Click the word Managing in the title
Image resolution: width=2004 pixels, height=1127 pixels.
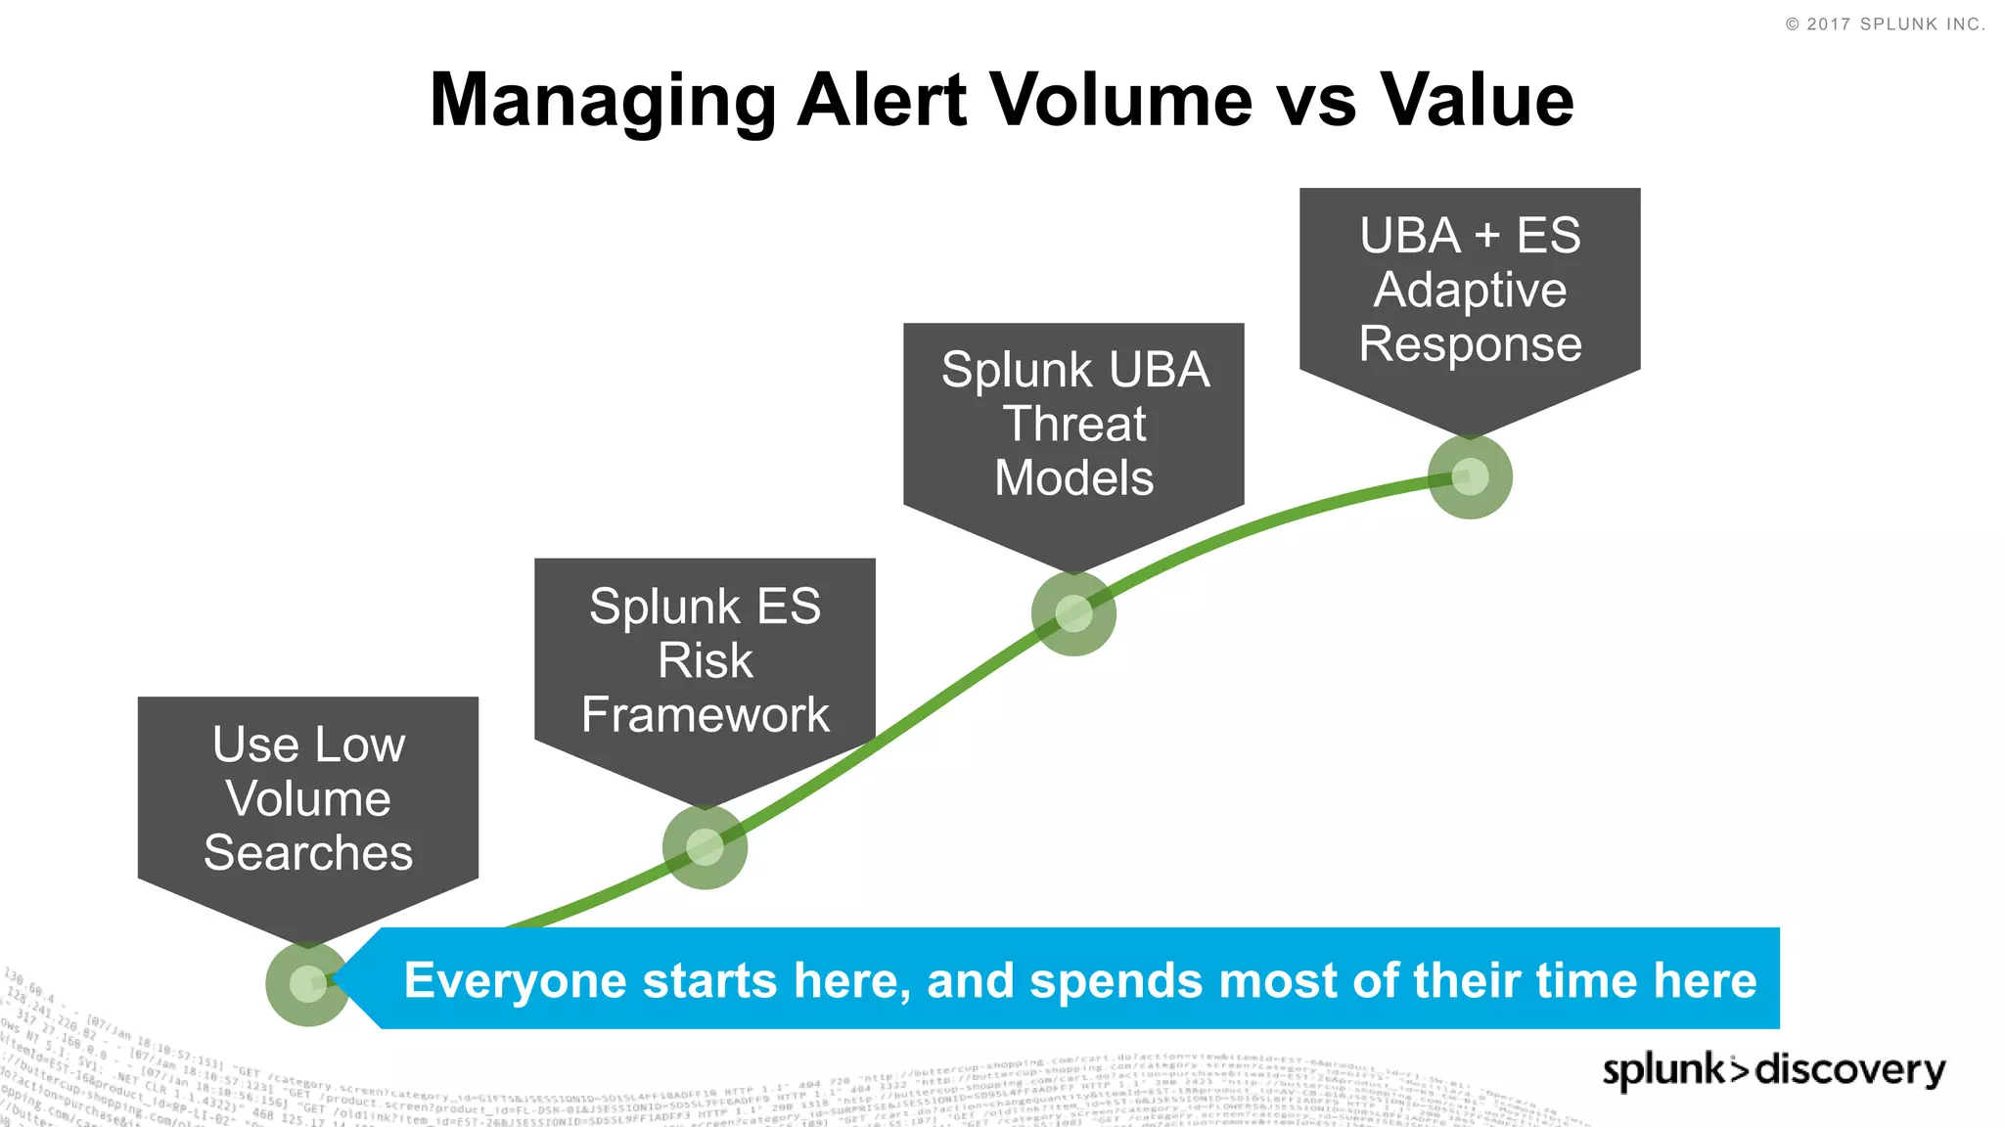pos(603,102)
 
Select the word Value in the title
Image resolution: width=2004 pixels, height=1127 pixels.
pos(1477,100)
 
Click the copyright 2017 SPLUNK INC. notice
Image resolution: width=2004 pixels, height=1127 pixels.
pos(1885,24)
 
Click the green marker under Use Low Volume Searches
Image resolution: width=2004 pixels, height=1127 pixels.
pos(307,983)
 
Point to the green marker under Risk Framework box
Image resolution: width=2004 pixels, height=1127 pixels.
pos(705,847)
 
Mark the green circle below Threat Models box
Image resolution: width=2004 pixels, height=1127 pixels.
pos(1073,613)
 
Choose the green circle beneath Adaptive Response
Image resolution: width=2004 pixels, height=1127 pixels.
pos(1470,476)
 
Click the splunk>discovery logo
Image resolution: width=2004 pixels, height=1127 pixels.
pos(1773,1069)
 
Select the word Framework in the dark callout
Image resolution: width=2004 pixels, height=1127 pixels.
pos(705,715)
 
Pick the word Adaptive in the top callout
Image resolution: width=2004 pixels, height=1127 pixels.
pos(1470,291)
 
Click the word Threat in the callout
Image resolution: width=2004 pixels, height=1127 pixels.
pos(1073,425)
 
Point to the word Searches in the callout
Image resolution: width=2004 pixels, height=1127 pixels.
pos(308,853)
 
